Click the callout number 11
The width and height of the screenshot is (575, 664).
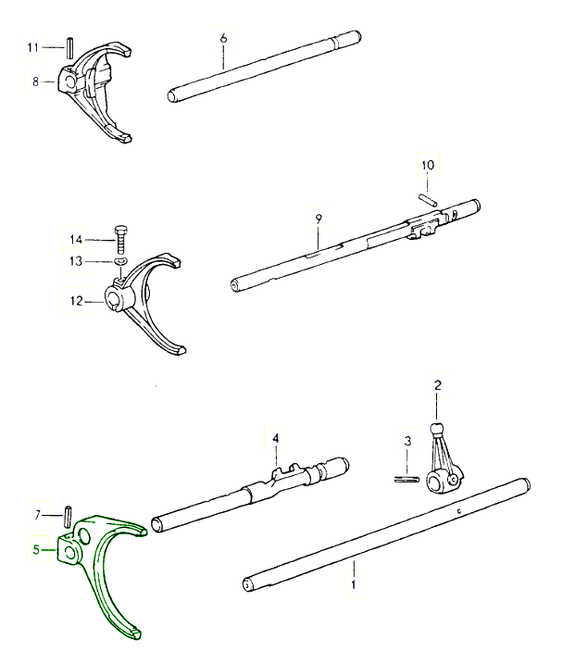point(32,46)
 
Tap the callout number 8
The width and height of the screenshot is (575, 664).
point(35,82)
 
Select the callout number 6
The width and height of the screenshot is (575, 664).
point(223,38)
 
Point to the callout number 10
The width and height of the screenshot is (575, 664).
point(427,167)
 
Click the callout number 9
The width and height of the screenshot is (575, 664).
point(318,218)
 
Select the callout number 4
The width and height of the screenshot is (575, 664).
point(275,437)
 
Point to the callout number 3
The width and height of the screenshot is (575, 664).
point(407,442)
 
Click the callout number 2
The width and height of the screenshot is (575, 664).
point(438,383)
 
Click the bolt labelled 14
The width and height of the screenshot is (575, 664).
point(120,240)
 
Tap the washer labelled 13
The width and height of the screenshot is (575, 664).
point(120,262)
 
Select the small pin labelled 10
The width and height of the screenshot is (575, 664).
point(427,196)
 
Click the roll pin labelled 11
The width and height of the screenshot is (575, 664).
point(70,45)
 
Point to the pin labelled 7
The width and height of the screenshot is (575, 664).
point(69,514)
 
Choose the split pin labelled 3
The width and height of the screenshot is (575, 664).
point(405,479)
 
